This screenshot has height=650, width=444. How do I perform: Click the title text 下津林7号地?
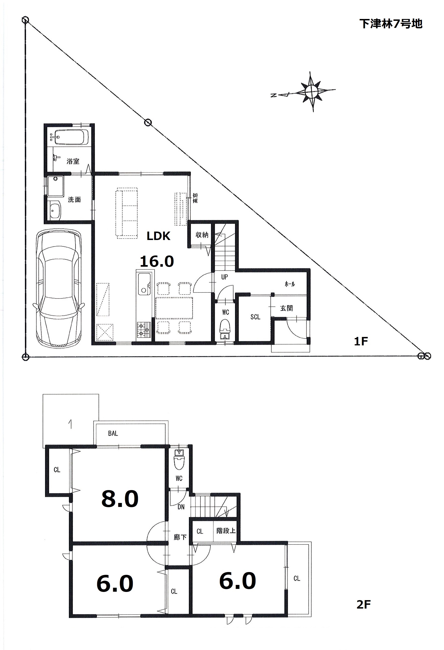[x=391, y=24]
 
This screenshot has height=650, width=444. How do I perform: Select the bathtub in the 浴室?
[x=71, y=137]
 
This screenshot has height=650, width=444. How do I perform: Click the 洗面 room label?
[x=74, y=200]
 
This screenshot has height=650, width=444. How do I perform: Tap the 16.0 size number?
[x=157, y=262]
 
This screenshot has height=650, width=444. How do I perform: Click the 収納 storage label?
[x=202, y=235]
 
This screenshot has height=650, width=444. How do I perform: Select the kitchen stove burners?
[x=144, y=329]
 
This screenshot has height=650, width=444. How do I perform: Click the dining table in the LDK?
[x=174, y=308]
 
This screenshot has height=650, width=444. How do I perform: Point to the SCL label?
[x=255, y=317]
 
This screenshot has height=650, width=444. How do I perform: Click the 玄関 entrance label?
[x=286, y=308]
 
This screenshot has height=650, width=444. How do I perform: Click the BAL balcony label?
[x=113, y=433]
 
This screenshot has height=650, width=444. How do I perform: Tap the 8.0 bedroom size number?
[x=120, y=499]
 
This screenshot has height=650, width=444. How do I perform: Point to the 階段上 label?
[x=226, y=531]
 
